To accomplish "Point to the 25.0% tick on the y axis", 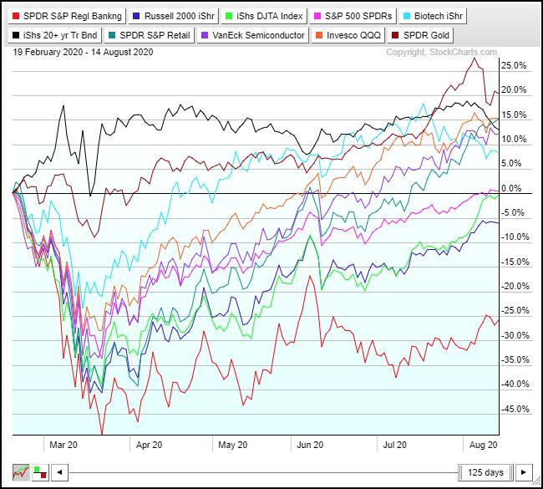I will point(514,65).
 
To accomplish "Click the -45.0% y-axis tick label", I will point(512,409).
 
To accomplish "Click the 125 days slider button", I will point(485,472).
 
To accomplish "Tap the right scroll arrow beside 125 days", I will point(524,472).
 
